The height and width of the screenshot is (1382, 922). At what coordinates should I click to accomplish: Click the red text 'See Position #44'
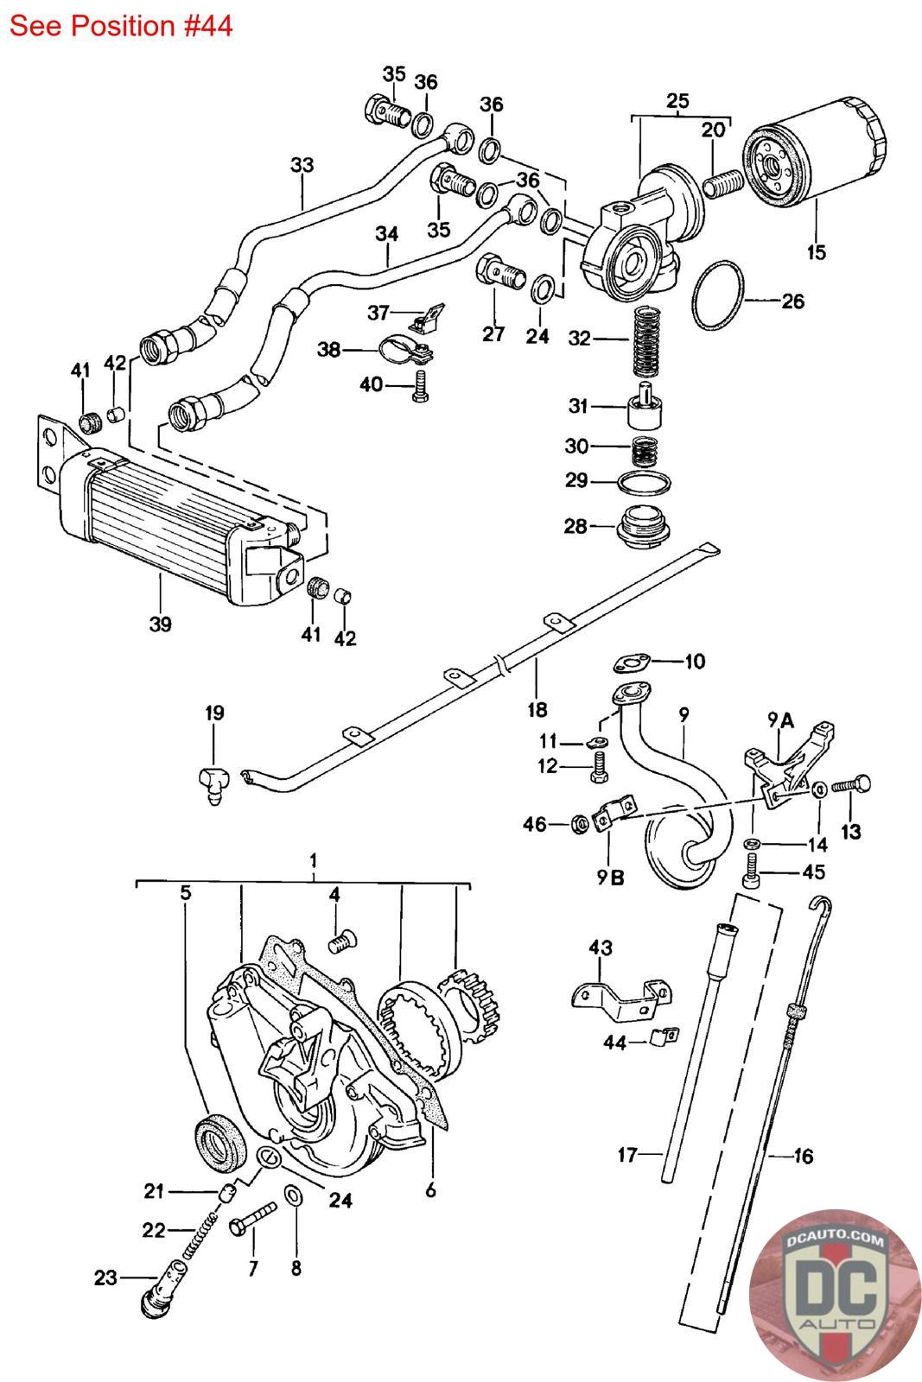point(121,26)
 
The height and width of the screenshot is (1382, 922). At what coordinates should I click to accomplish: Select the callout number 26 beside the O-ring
point(793,301)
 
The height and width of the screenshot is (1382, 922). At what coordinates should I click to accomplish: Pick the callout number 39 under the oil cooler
point(160,624)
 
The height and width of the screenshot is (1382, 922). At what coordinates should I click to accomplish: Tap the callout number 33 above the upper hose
point(302,165)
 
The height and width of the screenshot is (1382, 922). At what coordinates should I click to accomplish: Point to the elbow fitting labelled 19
point(213,786)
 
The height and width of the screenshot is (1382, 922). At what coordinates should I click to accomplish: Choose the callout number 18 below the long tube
point(537,710)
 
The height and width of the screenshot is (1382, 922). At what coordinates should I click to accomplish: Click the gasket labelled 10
point(632,664)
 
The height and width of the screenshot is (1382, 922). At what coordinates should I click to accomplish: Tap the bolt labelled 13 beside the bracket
point(851,785)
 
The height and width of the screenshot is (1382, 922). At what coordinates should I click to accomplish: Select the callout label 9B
point(610,878)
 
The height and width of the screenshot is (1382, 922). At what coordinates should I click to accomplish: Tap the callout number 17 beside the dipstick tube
point(627,1154)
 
